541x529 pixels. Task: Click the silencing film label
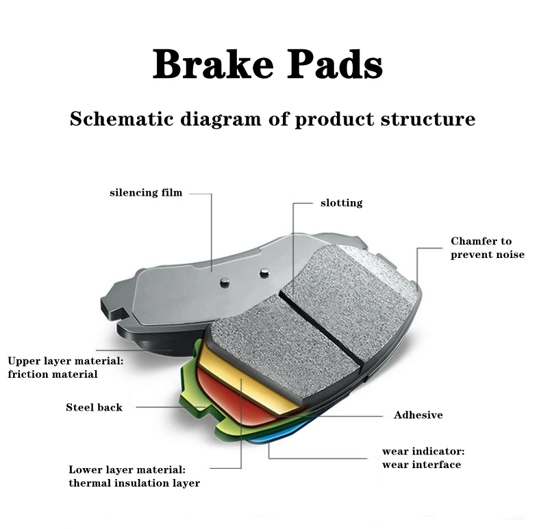point(146,193)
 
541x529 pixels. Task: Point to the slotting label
point(341,203)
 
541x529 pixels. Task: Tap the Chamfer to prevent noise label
point(487,248)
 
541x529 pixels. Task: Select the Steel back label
point(94,407)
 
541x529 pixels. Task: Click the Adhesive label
point(418,415)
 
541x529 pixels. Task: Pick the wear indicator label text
point(423,452)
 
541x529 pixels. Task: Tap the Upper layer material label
point(65,360)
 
